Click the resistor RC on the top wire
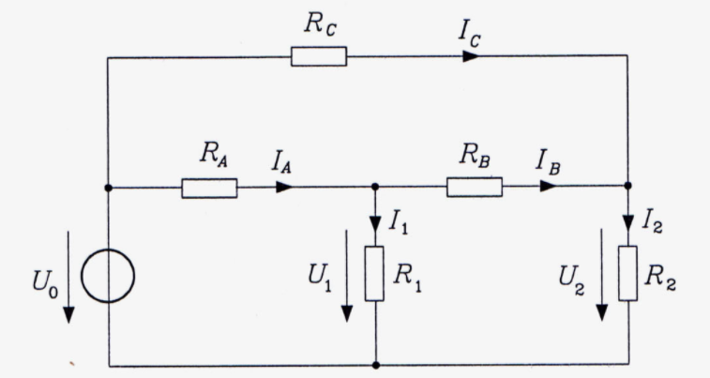tap(319, 56)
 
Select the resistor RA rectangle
tap(209, 188)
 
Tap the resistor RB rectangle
tap(475, 187)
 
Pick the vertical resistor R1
tap(374, 274)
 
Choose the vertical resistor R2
tap(628, 274)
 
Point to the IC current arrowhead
tap(471, 56)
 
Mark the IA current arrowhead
tap(284, 187)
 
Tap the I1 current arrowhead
tap(375, 223)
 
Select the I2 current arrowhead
tap(628, 223)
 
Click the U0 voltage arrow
tap(68, 277)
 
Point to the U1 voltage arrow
tap(347, 276)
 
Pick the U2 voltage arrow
tap(602, 275)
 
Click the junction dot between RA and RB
tap(375, 187)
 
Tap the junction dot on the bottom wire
tap(376, 365)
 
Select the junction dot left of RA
tap(108, 188)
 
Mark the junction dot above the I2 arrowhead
tap(627, 186)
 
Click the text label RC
tap(320, 24)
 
